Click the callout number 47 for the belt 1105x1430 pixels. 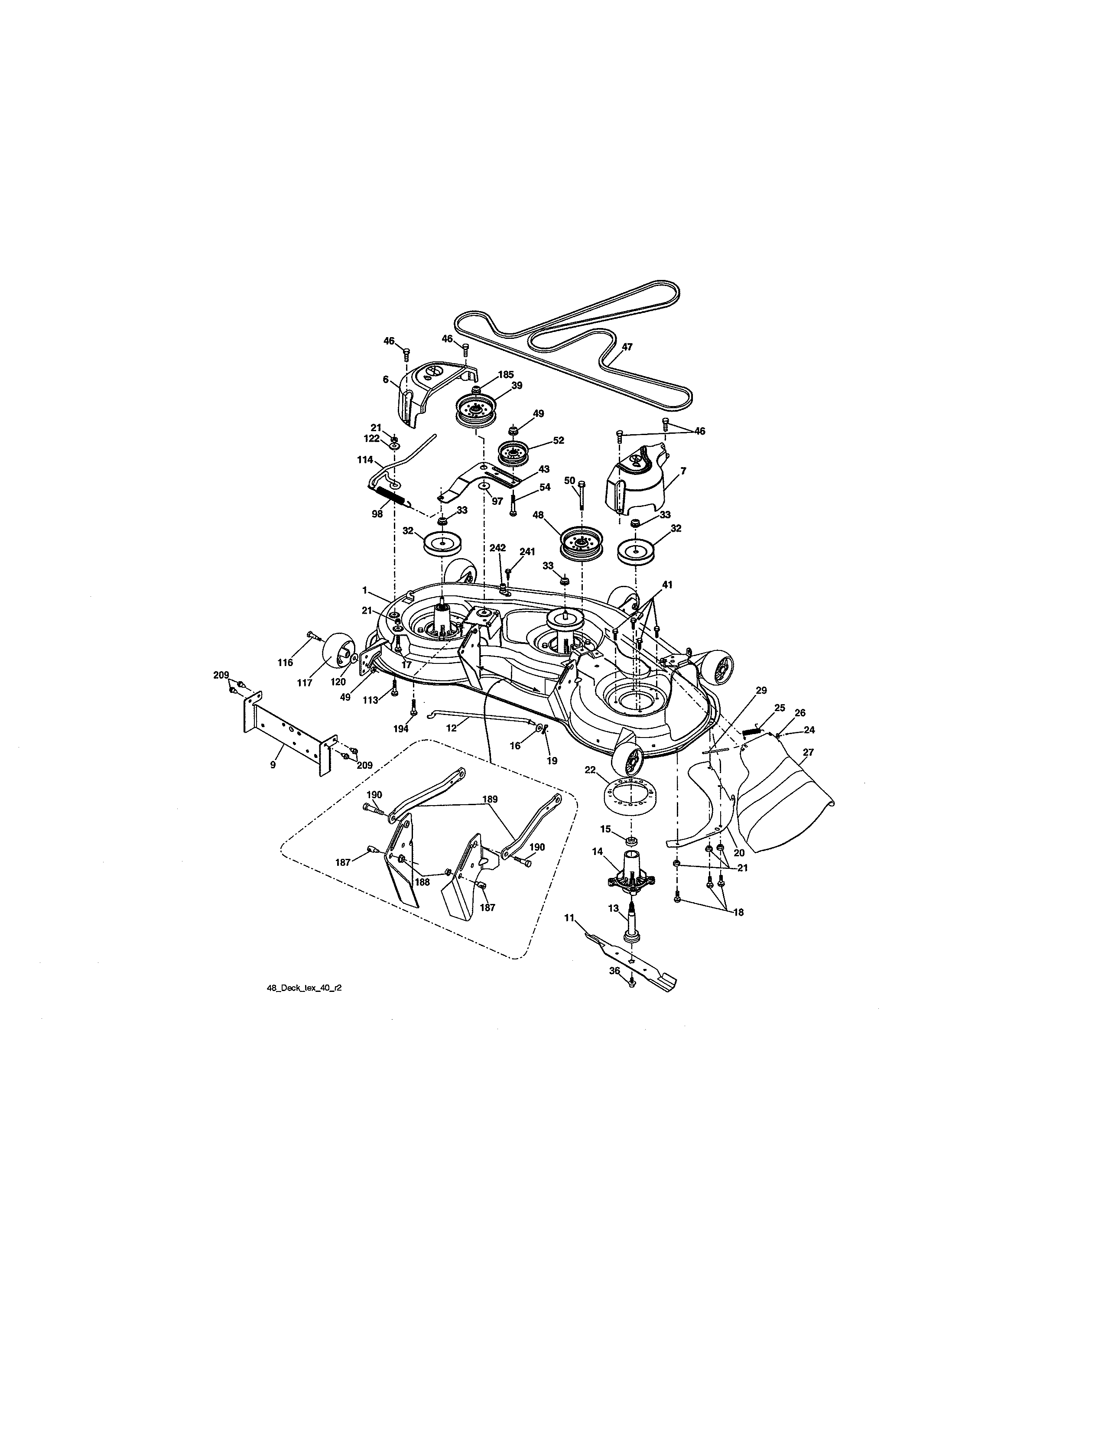[x=627, y=348]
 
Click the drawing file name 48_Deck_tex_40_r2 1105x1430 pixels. [x=304, y=1007]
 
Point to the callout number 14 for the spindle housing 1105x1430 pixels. [x=597, y=852]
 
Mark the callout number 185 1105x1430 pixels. [x=505, y=375]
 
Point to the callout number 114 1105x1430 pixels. [x=364, y=460]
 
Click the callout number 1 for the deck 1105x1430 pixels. [x=364, y=590]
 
